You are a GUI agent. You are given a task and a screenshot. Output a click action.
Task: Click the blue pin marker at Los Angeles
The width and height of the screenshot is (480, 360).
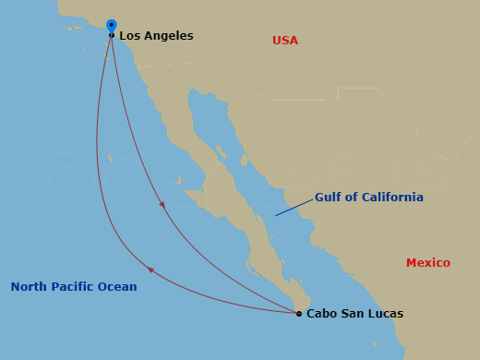(112, 26)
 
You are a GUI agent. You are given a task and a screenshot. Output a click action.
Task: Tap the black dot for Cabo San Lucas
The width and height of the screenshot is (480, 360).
(299, 314)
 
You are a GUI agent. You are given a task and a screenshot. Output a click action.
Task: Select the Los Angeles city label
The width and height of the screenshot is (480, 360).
(156, 36)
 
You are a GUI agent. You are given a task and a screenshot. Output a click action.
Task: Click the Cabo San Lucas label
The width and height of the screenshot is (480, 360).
(354, 314)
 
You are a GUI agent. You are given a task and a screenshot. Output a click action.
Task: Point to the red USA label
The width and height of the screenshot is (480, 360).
(285, 41)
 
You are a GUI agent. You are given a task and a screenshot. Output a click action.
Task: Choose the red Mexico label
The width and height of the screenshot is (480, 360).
(428, 263)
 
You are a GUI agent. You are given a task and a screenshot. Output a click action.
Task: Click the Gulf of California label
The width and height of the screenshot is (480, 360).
(369, 198)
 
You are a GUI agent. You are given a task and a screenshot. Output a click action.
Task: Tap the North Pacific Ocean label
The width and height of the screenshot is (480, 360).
(74, 287)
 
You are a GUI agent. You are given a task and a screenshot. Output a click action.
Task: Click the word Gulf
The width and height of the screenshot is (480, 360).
(330, 198)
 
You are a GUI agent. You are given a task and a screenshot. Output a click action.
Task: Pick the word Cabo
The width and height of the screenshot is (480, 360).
(321, 314)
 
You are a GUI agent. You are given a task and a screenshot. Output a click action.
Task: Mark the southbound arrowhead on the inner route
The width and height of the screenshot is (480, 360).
(162, 205)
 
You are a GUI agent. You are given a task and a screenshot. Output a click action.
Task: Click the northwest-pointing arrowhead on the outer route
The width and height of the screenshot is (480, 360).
(150, 270)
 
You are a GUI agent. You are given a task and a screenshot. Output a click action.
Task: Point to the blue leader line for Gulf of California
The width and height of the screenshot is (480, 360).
(293, 208)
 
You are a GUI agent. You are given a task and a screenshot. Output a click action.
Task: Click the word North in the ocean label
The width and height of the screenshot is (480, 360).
(29, 287)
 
